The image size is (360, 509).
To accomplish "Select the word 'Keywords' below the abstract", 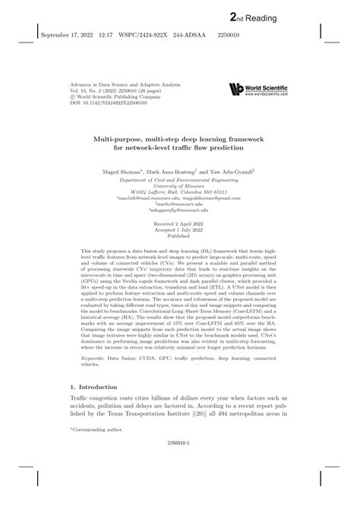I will click(x=93, y=357).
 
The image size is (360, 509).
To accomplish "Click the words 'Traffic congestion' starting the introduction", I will click(x=94, y=399).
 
